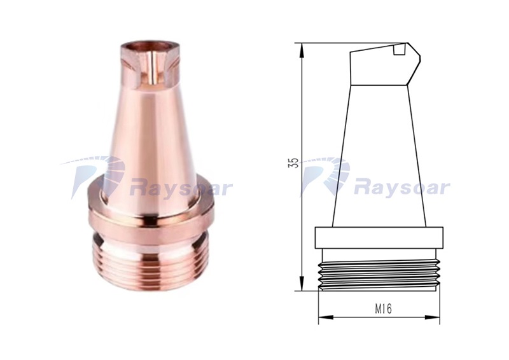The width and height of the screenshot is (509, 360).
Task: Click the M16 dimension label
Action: point(384,309)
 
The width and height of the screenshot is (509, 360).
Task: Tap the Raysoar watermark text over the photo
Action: point(181,188)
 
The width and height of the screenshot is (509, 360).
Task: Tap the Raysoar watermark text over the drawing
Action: point(401,188)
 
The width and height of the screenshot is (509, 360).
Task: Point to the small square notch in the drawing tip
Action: point(400,50)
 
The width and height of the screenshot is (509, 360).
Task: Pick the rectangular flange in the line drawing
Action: point(379,238)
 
